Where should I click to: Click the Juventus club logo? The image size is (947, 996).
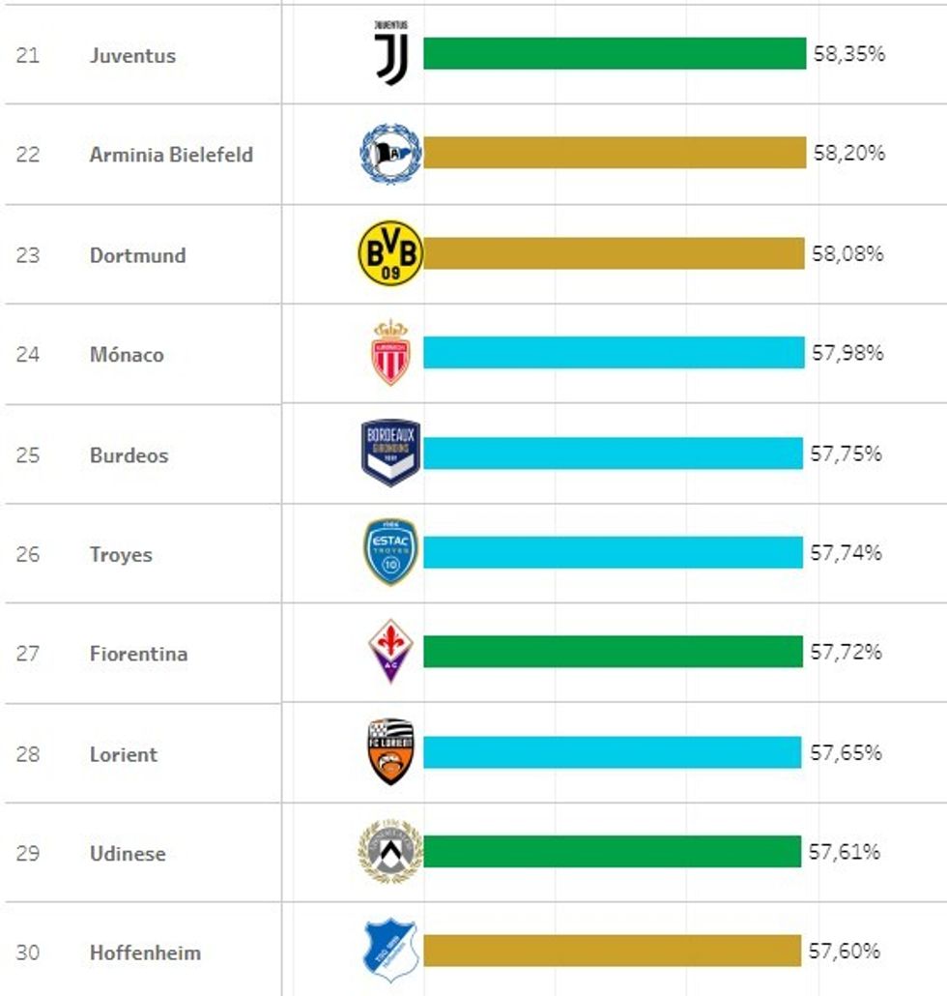coord(391,52)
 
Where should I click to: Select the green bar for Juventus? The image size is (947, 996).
coord(615,54)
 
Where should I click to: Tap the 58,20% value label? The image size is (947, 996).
coord(848,153)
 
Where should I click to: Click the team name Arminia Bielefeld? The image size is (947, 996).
coord(171,155)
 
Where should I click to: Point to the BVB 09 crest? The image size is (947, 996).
coord(390,253)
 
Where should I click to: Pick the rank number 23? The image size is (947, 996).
coord(28,255)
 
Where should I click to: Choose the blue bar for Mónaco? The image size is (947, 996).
coord(614,353)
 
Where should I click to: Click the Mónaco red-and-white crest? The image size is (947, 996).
coord(390,353)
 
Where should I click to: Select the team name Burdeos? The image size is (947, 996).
coord(129,455)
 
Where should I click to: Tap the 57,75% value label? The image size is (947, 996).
coord(846,454)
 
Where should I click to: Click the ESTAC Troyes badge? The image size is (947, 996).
coord(390,551)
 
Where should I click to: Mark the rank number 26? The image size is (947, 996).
coord(28,555)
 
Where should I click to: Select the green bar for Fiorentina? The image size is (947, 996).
coord(613,652)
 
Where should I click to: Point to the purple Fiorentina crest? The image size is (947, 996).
coord(390,650)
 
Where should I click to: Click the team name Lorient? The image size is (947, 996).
coord(123,754)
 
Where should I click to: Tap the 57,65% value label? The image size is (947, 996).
coord(846,752)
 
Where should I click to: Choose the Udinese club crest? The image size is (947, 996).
coord(390,851)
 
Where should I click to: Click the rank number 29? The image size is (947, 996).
coord(28,854)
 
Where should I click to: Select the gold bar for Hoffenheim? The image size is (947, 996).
coord(612,951)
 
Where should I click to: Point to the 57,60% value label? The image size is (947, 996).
coord(845,952)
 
